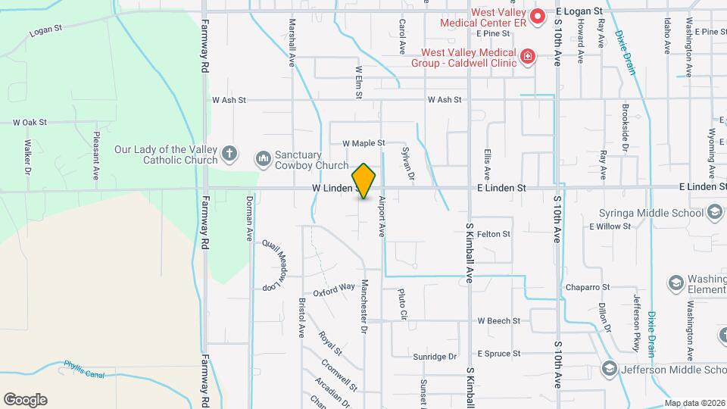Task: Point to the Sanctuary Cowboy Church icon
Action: point(263,158)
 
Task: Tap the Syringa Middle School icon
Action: point(714,213)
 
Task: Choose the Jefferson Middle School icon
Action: point(608,369)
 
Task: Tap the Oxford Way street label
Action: point(334,289)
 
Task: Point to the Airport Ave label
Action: point(382,217)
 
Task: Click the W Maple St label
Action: point(363,142)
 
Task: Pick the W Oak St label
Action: point(30,121)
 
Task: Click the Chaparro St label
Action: point(588,288)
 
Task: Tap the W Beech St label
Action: point(498,321)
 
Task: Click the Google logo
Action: point(25,400)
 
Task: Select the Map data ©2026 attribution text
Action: point(694,403)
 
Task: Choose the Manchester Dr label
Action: point(364,307)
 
